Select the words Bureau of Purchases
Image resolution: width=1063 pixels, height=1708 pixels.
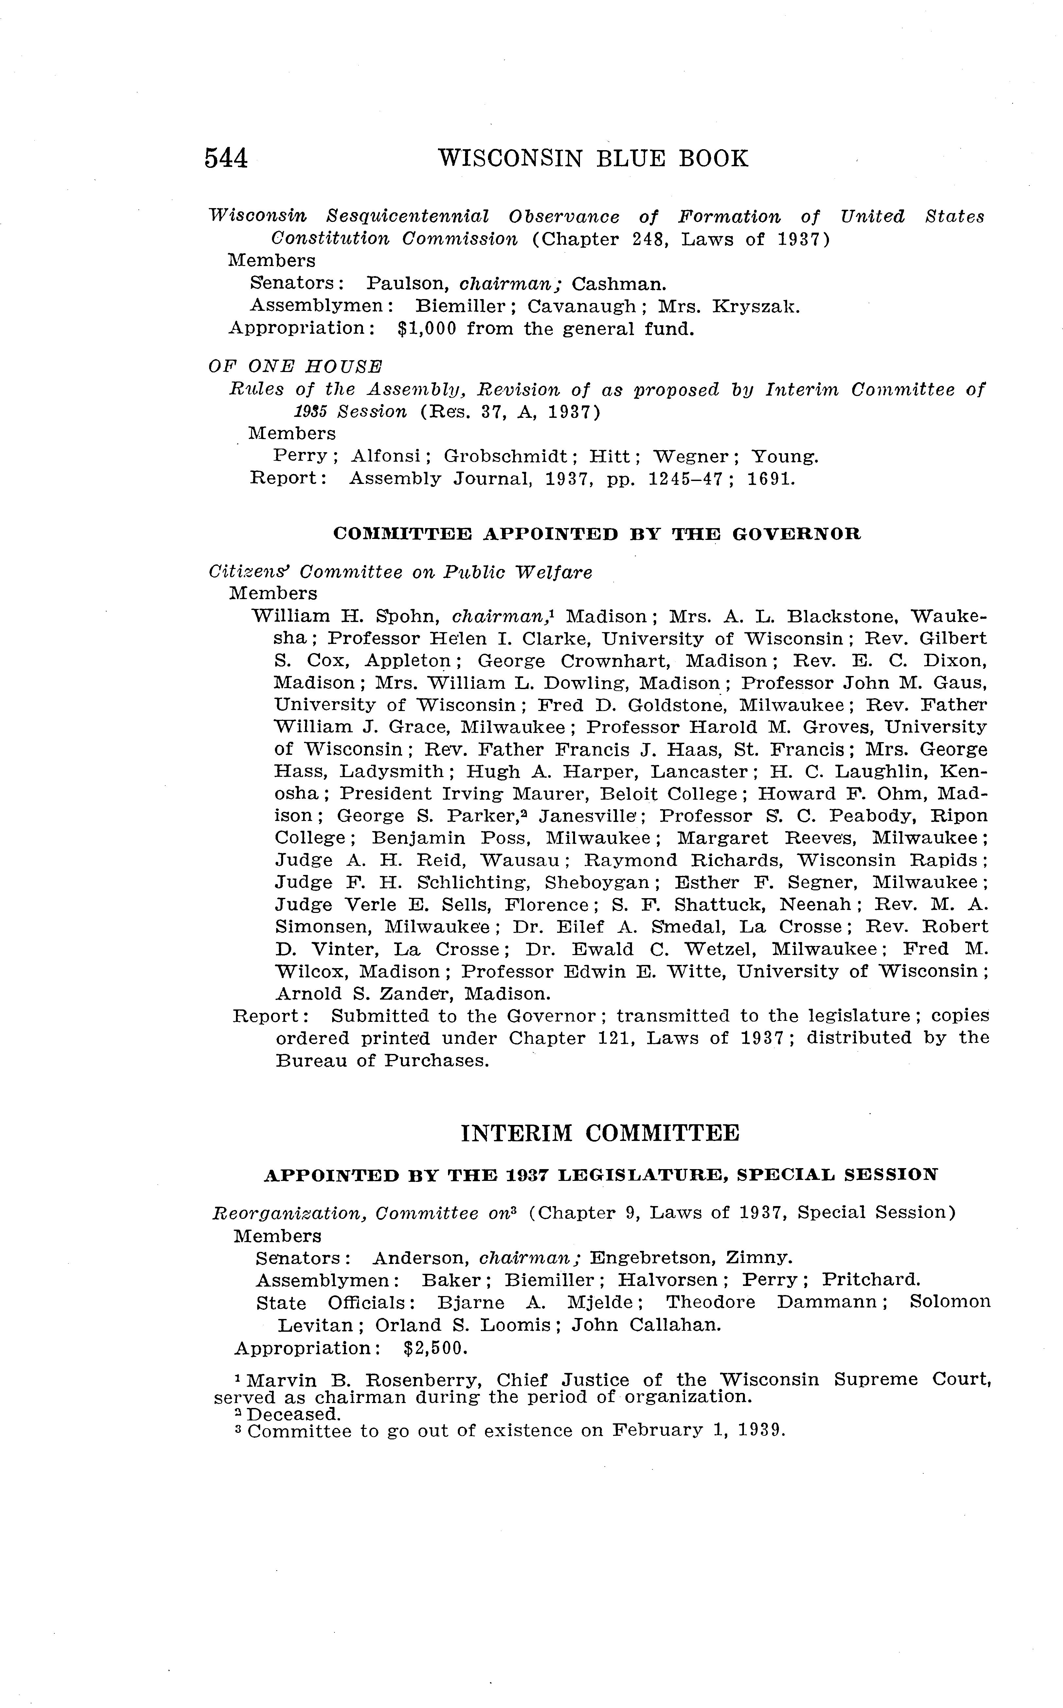(x=382, y=1061)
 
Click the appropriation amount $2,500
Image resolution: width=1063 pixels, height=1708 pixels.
(x=436, y=1348)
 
